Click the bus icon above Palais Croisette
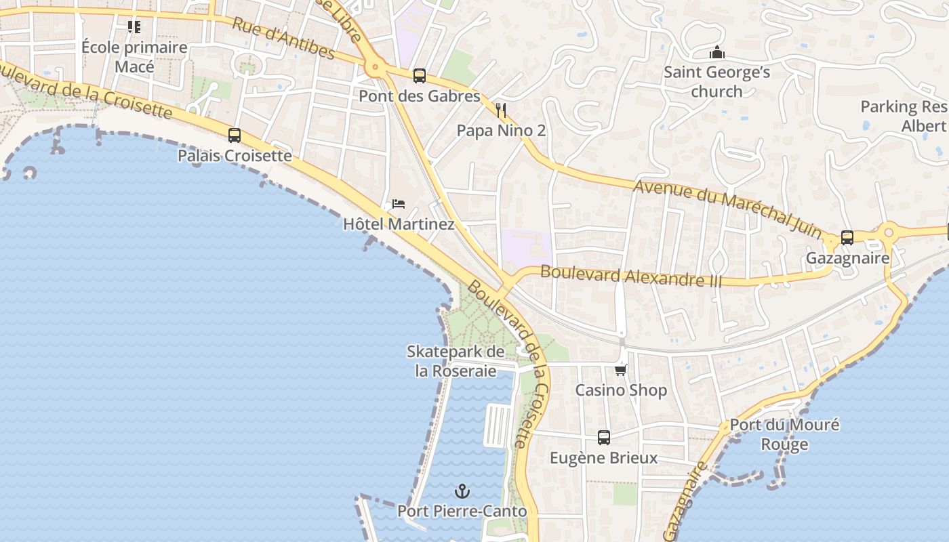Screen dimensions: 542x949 (235, 135)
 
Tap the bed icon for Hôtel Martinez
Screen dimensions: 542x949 (399, 204)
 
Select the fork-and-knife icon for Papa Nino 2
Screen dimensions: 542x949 (501, 110)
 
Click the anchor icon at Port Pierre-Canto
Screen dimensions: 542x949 (462, 491)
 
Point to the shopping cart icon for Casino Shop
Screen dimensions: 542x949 (621, 370)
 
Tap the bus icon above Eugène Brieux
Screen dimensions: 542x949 (604, 438)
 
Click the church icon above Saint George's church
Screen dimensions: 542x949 (716, 52)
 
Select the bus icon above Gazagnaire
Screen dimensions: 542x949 (847, 238)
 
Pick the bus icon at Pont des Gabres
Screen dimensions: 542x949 (420, 76)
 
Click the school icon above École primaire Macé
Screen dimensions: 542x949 (134, 27)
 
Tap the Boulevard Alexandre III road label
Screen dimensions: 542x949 (631, 276)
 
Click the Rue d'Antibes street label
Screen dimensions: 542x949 (283, 38)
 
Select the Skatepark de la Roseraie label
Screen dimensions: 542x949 (456, 361)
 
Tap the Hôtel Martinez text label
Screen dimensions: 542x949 (399, 224)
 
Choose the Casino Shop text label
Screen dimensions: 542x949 (621, 390)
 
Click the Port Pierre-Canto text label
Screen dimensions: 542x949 (462, 511)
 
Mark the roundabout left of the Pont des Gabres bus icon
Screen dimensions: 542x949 (375, 68)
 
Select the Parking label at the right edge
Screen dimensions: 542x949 (904, 116)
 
